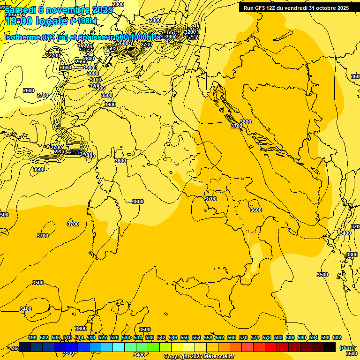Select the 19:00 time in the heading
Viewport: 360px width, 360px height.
[22, 21]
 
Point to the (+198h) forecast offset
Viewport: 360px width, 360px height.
[83, 21]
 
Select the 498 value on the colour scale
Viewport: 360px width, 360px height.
[32, 338]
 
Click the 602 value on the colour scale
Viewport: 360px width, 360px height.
[337, 338]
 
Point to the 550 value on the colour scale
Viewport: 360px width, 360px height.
[185, 338]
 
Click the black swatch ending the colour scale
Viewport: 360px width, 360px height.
[330, 347]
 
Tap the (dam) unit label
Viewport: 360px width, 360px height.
[347, 348]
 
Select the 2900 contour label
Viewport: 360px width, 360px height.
[88, 68]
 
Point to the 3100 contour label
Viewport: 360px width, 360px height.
[95, 80]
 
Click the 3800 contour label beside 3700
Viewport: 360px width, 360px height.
[246, 122]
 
